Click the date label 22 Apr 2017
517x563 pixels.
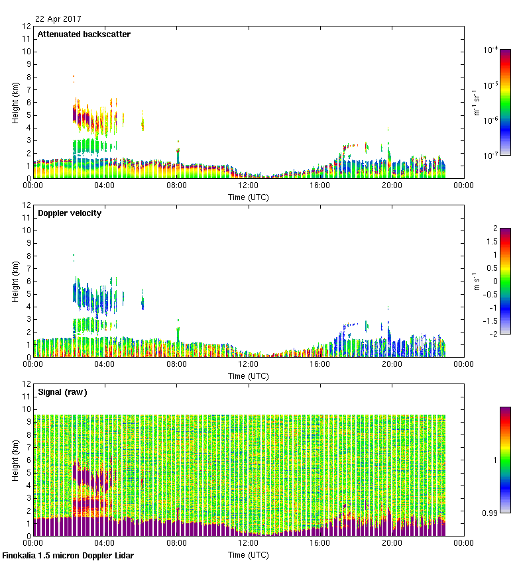(x=58, y=19)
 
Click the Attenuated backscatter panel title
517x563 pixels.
(x=84, y=34)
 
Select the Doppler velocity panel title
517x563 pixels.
(x=70, y=213)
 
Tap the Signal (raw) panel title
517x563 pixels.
(x=62, y=392)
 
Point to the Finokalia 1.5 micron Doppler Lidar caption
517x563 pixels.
(x=68, y=556)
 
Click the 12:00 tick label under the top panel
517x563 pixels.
(x=248, y=186)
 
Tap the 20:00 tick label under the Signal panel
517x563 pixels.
(x=391, y=544)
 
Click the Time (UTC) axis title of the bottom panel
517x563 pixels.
(x=248, y=554)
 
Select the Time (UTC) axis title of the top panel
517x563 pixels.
(x=248, y=197)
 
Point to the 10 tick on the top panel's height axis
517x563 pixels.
(x=27, y=52)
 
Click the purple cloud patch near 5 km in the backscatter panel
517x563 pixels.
(x=80, y=116)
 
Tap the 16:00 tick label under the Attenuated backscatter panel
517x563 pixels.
(x=319, y=186)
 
